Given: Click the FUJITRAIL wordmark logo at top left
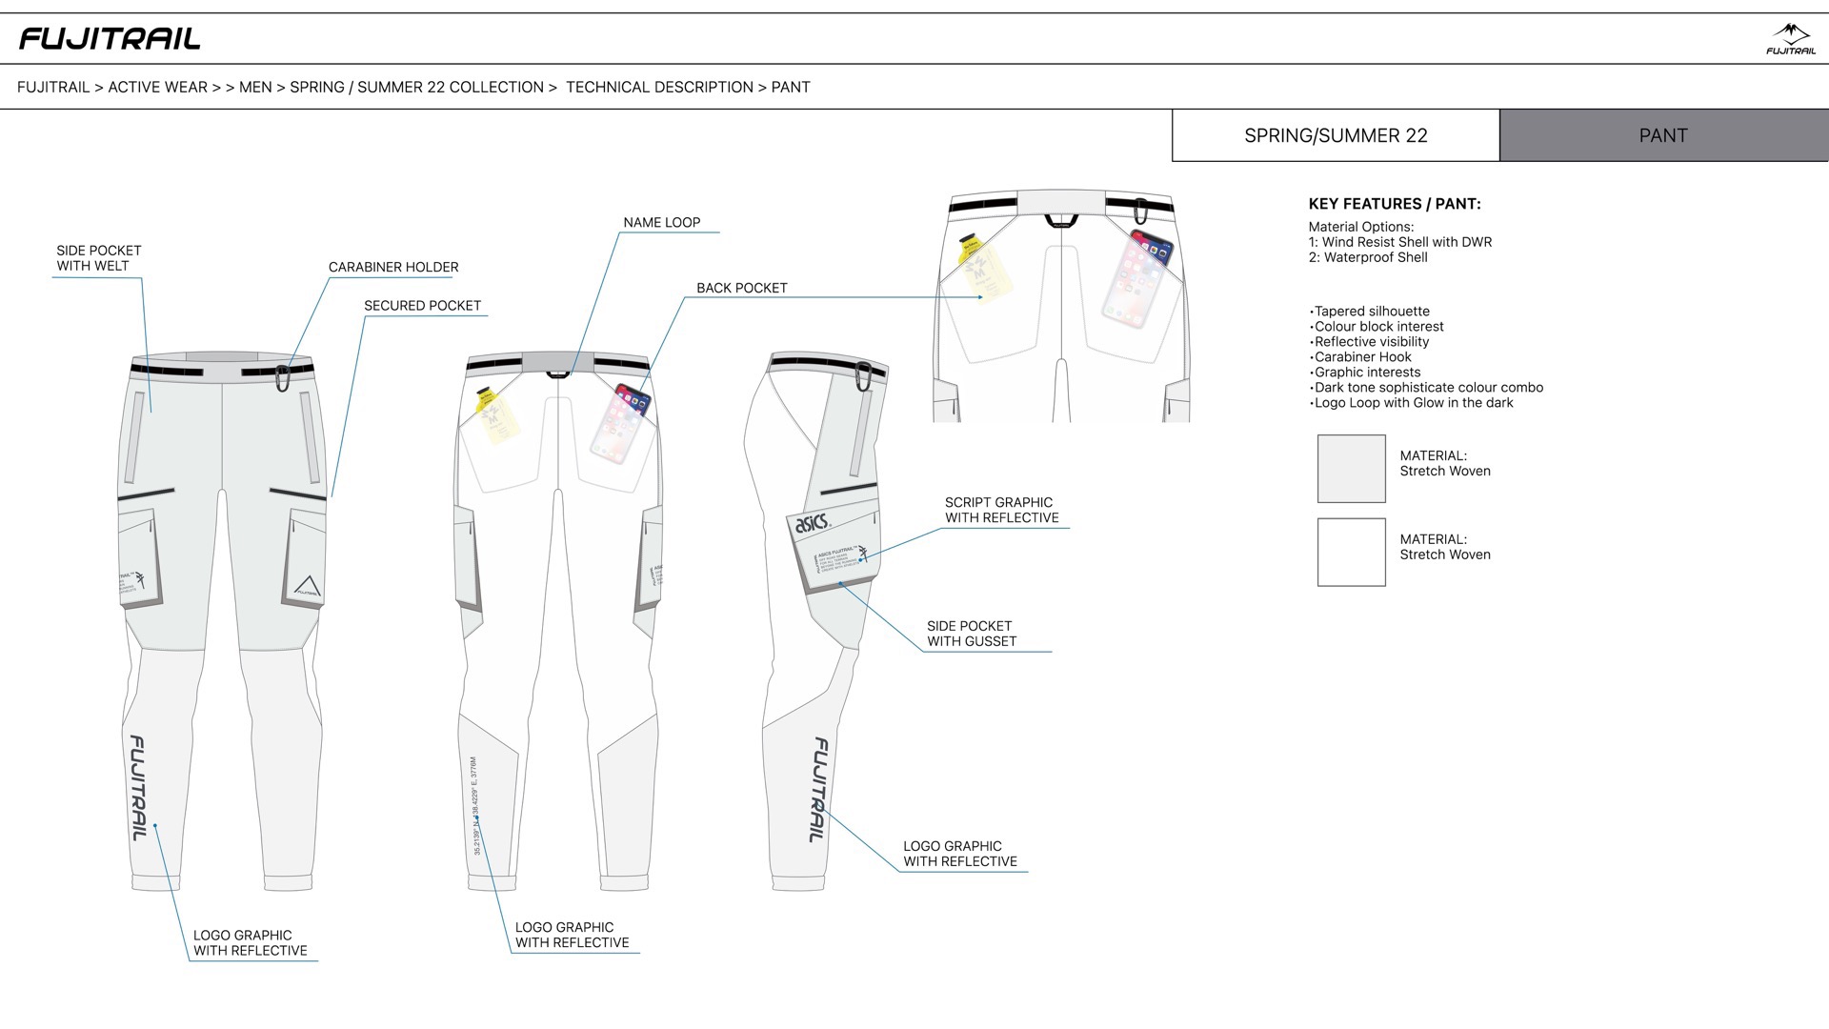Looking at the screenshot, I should coord(110,39).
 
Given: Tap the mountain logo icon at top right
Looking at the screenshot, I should coord(1790,38).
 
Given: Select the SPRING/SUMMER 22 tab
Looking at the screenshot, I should coord(1336,135).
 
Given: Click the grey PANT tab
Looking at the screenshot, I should coord(1663,135).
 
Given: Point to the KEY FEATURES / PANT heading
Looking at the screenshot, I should coord(1394,204).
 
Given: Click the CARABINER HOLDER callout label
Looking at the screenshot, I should coord(393,267).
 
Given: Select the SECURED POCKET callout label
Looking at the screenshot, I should coord(422,306).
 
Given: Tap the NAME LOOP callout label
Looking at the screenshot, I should coord(661,223).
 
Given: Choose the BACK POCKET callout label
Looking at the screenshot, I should coord(741,288).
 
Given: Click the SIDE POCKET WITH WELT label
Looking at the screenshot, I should coord(98,258).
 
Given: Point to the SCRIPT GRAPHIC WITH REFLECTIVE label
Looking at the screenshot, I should coord(1001,510).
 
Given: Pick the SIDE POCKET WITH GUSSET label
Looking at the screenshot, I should coord(971,634).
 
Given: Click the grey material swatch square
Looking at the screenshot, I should coord(1351,469).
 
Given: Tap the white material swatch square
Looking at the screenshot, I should coord(1351,552).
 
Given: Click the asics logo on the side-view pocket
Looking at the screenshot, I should coord(812,522).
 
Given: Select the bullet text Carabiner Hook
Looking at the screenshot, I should coord(1362,357).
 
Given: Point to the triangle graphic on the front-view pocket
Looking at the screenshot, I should coord(305,586).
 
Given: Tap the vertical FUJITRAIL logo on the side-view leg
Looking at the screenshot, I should coord(818,790).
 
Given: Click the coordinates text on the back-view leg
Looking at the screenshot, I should coord(474,805).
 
